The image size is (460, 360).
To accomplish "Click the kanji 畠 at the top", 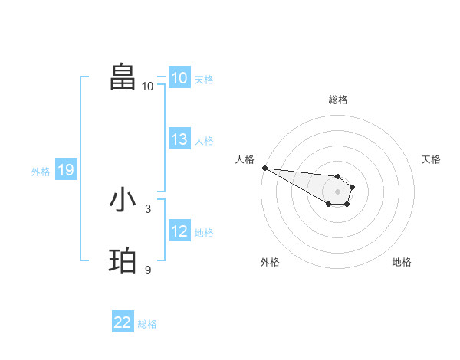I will pos(123,77).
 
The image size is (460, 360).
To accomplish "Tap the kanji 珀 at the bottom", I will pos(123,260).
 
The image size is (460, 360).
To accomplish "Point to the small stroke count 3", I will pos(148,208).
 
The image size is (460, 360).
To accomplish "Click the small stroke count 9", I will pos(148,270).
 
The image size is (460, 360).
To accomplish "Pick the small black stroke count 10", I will pos(147,86).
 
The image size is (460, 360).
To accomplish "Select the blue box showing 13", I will pos(179,139).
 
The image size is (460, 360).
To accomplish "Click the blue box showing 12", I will pos(179,231).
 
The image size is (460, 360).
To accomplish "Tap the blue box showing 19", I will pos(66,170).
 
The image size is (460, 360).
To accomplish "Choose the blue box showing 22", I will pos(123,322).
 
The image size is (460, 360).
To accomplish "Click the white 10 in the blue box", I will pos(179,78).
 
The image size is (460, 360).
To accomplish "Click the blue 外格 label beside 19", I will pos(41,172).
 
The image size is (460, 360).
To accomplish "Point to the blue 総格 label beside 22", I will pos(147,324).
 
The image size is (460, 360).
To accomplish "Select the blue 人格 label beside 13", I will pos(204,141).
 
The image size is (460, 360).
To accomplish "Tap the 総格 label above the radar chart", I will pos(337,100).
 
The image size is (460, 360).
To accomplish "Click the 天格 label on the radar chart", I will pos(432,159).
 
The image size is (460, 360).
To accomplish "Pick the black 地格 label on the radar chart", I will pos(402,262).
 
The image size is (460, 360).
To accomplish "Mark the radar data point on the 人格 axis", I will pos(264,168).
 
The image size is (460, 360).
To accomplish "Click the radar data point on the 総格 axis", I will pos(337,176).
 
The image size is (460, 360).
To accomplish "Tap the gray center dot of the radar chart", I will pos(337,191).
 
